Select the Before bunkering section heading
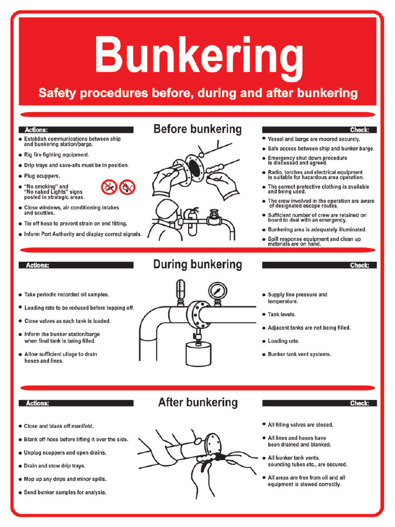[x=197, y=129]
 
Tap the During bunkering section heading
[x=197, y=265]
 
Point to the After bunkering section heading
[x=197, y=402]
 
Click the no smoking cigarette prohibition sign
[x=109, y=187]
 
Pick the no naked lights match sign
[x=127, y=187]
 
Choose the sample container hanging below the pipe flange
[x=198, y=355]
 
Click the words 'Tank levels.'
[x=282, y=314]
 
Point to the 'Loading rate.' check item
[x=283, y=341]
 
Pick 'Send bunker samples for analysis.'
[x=65, y=493]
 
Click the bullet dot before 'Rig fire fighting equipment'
[x=20, y=155]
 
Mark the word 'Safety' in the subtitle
[x=57, y=93]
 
